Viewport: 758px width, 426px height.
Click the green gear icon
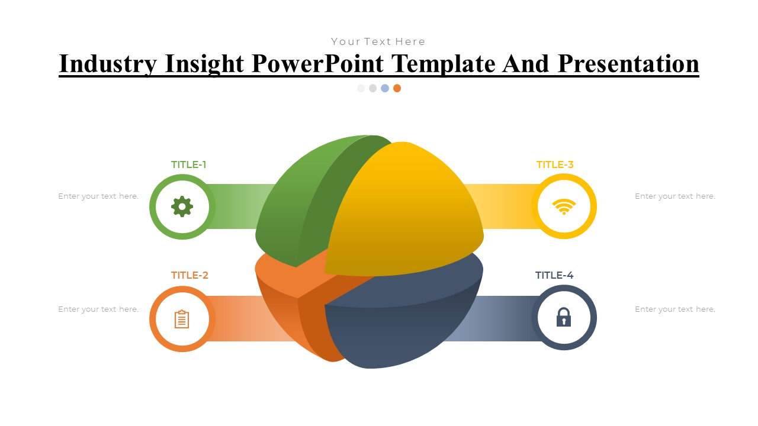(x=182, y=206)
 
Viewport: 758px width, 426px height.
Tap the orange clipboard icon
(x=182, y=319)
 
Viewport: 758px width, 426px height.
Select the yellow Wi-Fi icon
(x=564, y=206)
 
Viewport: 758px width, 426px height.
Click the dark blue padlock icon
(x=564, y=318)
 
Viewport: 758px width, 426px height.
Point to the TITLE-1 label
(x=189, y=164)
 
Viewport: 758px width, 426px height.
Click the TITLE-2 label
(x=189, y=275)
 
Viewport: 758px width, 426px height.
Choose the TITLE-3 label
(x=555, y=164)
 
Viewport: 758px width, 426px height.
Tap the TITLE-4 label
(x=554, y=275)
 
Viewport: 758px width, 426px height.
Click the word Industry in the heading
(x=108, y=64)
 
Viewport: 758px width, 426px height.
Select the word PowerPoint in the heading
(x=319, y=64)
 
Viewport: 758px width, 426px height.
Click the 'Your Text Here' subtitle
(x=378, y=41)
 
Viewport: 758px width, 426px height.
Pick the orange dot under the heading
(x=397, y=88)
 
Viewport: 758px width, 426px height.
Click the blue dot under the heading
(x=385, y=88)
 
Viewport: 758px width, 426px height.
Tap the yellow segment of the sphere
(x=409, y=213)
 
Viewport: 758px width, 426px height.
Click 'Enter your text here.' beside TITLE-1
(x=98, y=196)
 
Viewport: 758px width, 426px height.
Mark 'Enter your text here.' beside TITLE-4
(x=675, y=309)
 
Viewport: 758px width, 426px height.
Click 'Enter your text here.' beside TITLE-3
(x=675, y=196)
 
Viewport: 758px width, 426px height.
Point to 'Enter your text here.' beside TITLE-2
(x=98, y=309)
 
